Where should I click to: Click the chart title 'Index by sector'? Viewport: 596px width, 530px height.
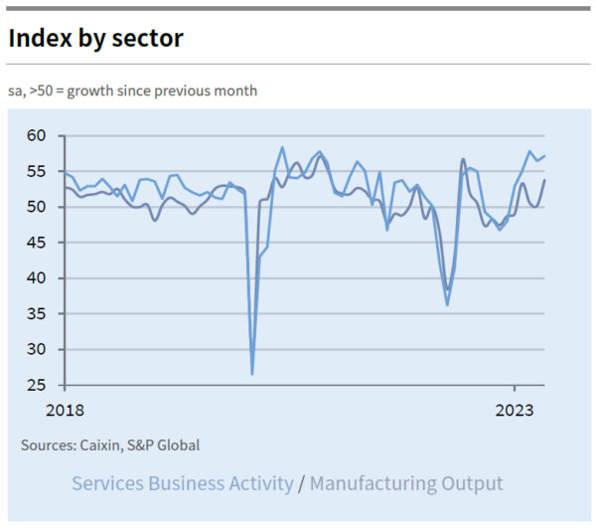point(95,38)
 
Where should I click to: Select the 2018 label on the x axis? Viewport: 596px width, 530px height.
point(65,410)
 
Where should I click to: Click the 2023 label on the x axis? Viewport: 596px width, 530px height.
point(515,410)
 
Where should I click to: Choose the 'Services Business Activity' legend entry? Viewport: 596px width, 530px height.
point(183,484)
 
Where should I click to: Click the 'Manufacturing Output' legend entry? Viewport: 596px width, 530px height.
point(406,484)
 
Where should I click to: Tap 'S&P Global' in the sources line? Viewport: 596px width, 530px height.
point(166,444)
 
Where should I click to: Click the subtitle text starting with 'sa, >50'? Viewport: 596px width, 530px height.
point(132,90)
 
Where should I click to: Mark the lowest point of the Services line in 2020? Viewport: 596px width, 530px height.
point(252,374)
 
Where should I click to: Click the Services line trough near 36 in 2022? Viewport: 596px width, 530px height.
point(447,304)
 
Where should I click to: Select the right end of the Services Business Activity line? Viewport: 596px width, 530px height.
point(544,156)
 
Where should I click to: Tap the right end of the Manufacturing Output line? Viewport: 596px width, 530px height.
point(544,180)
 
